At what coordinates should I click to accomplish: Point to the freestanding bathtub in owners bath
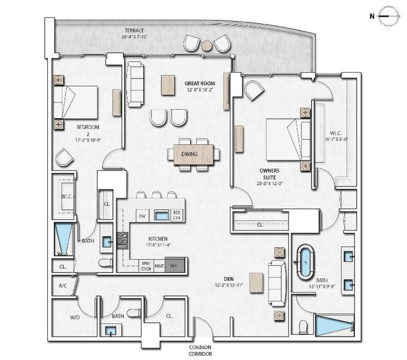click(307, 262)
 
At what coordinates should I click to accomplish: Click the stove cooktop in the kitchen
click(122, 240)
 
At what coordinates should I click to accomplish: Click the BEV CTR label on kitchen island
click(177, 215)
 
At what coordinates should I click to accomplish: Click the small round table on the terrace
click(207, 45)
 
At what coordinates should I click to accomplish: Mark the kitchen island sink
click(161, 215)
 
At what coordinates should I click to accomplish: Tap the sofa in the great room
click(135, 85)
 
